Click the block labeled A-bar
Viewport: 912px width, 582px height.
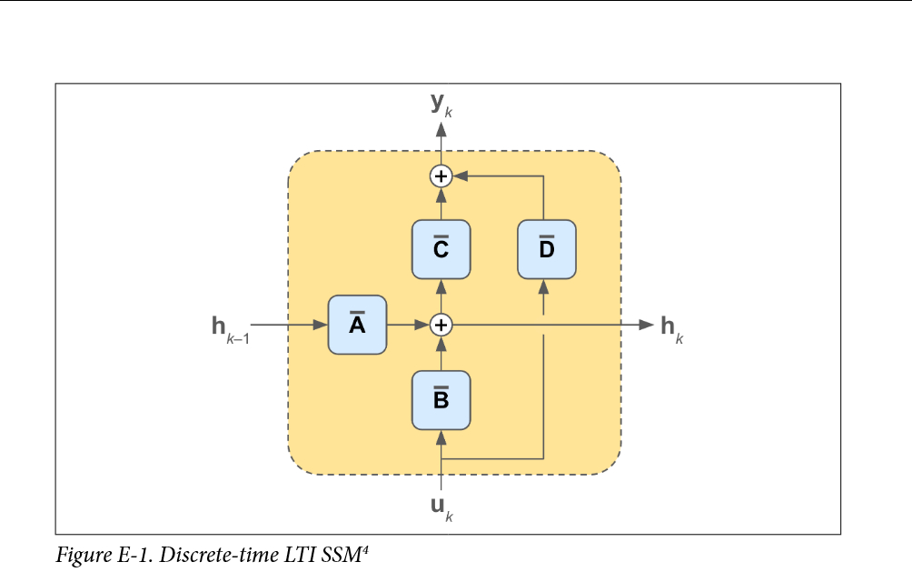pyautogui.click(x=357, y=325)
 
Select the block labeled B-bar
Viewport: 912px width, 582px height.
pyautogui.click(x=441, y=400)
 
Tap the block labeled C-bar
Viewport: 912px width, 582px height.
pyautogui.click(x=441, y=249)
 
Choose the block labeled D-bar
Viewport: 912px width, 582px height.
pyautogui.click(x=546, y=249)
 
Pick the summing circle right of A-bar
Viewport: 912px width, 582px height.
pyautogui.click(x=441, y=325)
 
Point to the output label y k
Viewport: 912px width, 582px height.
pyautogui.click(x=441, y=105)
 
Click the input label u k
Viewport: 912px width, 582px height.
pyautogui.click(x=441, y=507)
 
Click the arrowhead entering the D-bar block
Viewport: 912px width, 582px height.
pyautogui.click(x=543, y=287)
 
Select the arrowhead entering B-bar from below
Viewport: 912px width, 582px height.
pyautogui.click(x=441, y=438)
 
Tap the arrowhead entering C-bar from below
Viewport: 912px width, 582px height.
pyautogui.click(x=441, y=287)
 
